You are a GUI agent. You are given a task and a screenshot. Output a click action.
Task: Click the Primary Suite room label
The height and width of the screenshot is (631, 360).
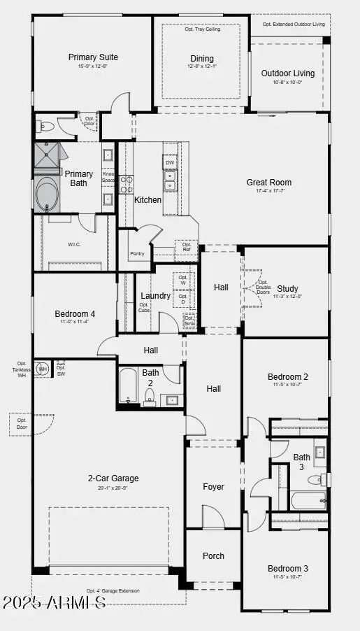pos(93,57)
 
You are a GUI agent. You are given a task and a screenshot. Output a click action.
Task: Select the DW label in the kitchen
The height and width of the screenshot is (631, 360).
pos(170,163)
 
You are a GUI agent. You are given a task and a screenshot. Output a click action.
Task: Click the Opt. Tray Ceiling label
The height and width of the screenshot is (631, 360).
pos(201,29)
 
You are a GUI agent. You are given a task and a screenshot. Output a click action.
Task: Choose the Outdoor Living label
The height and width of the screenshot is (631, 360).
pos(287,73)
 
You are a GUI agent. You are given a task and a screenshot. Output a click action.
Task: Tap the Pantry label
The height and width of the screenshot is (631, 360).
pos(137,253)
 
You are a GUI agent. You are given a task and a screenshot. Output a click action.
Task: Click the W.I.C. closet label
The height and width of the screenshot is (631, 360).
pos(75,244)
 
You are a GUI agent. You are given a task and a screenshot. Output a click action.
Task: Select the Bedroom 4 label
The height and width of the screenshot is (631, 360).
pos(75,314)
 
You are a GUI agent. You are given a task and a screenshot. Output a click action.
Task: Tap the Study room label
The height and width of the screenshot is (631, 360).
pos(287,288)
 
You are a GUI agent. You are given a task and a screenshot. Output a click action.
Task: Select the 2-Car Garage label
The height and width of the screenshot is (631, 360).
pos(113,478)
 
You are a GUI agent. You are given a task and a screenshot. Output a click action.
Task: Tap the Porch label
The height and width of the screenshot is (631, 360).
pos(213,556)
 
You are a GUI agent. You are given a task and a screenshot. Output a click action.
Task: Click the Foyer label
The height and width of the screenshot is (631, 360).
pos(213,487)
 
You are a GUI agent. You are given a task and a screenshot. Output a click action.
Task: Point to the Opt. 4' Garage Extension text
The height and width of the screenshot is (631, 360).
pos(113,591)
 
